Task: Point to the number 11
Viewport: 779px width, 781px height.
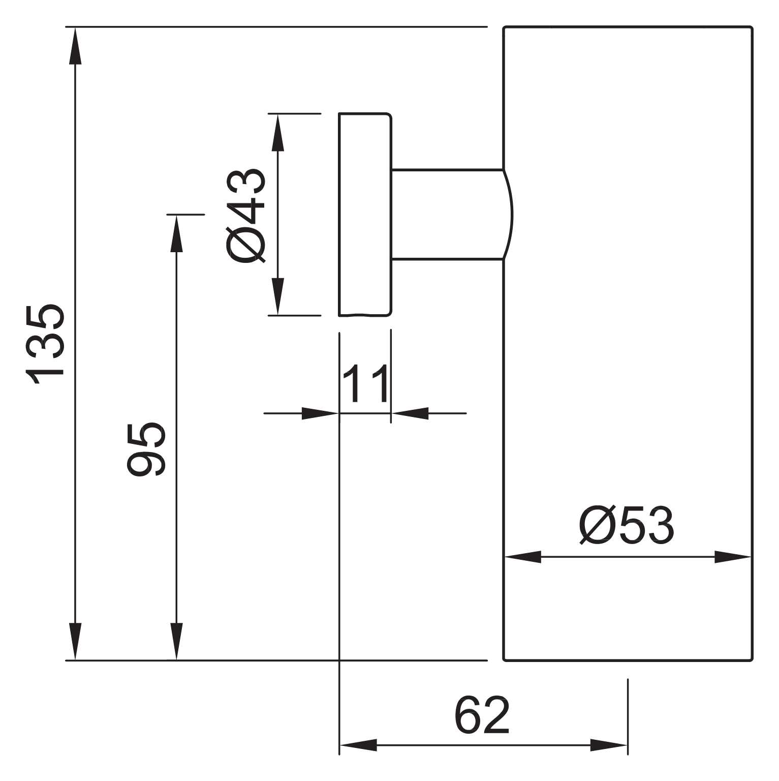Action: click(x=365, y=383)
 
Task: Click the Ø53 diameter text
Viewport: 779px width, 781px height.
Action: click(x=627, y=525)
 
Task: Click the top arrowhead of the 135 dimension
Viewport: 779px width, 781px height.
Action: click(x=75, y=46)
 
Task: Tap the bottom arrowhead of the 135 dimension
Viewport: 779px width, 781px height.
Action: click(x=75, y=641)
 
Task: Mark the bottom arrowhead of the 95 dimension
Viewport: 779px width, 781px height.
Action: click(x=176, y=641)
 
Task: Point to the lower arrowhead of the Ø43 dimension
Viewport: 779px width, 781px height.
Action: click(x=277, y=296)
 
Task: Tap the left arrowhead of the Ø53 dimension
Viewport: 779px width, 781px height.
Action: click(x=523, y=557)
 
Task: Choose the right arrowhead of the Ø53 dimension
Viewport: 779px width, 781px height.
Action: click(x=733, y=557)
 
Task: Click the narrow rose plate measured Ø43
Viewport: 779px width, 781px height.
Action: click(x=365, y=214)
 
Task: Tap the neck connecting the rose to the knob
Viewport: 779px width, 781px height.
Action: click(x=447, y=214)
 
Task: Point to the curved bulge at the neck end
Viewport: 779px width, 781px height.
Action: click(x=511, y=214)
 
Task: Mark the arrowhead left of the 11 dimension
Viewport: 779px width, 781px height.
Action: click(x=320, y=413)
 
